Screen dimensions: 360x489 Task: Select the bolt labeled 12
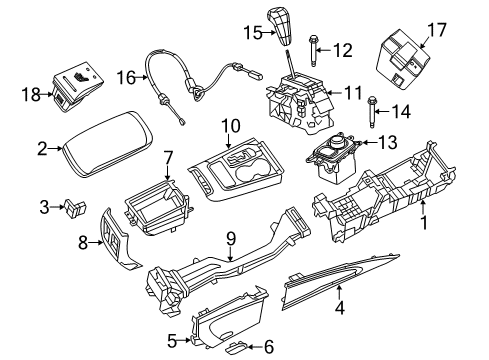coord(313,47)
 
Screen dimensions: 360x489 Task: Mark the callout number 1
coord(423,225)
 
